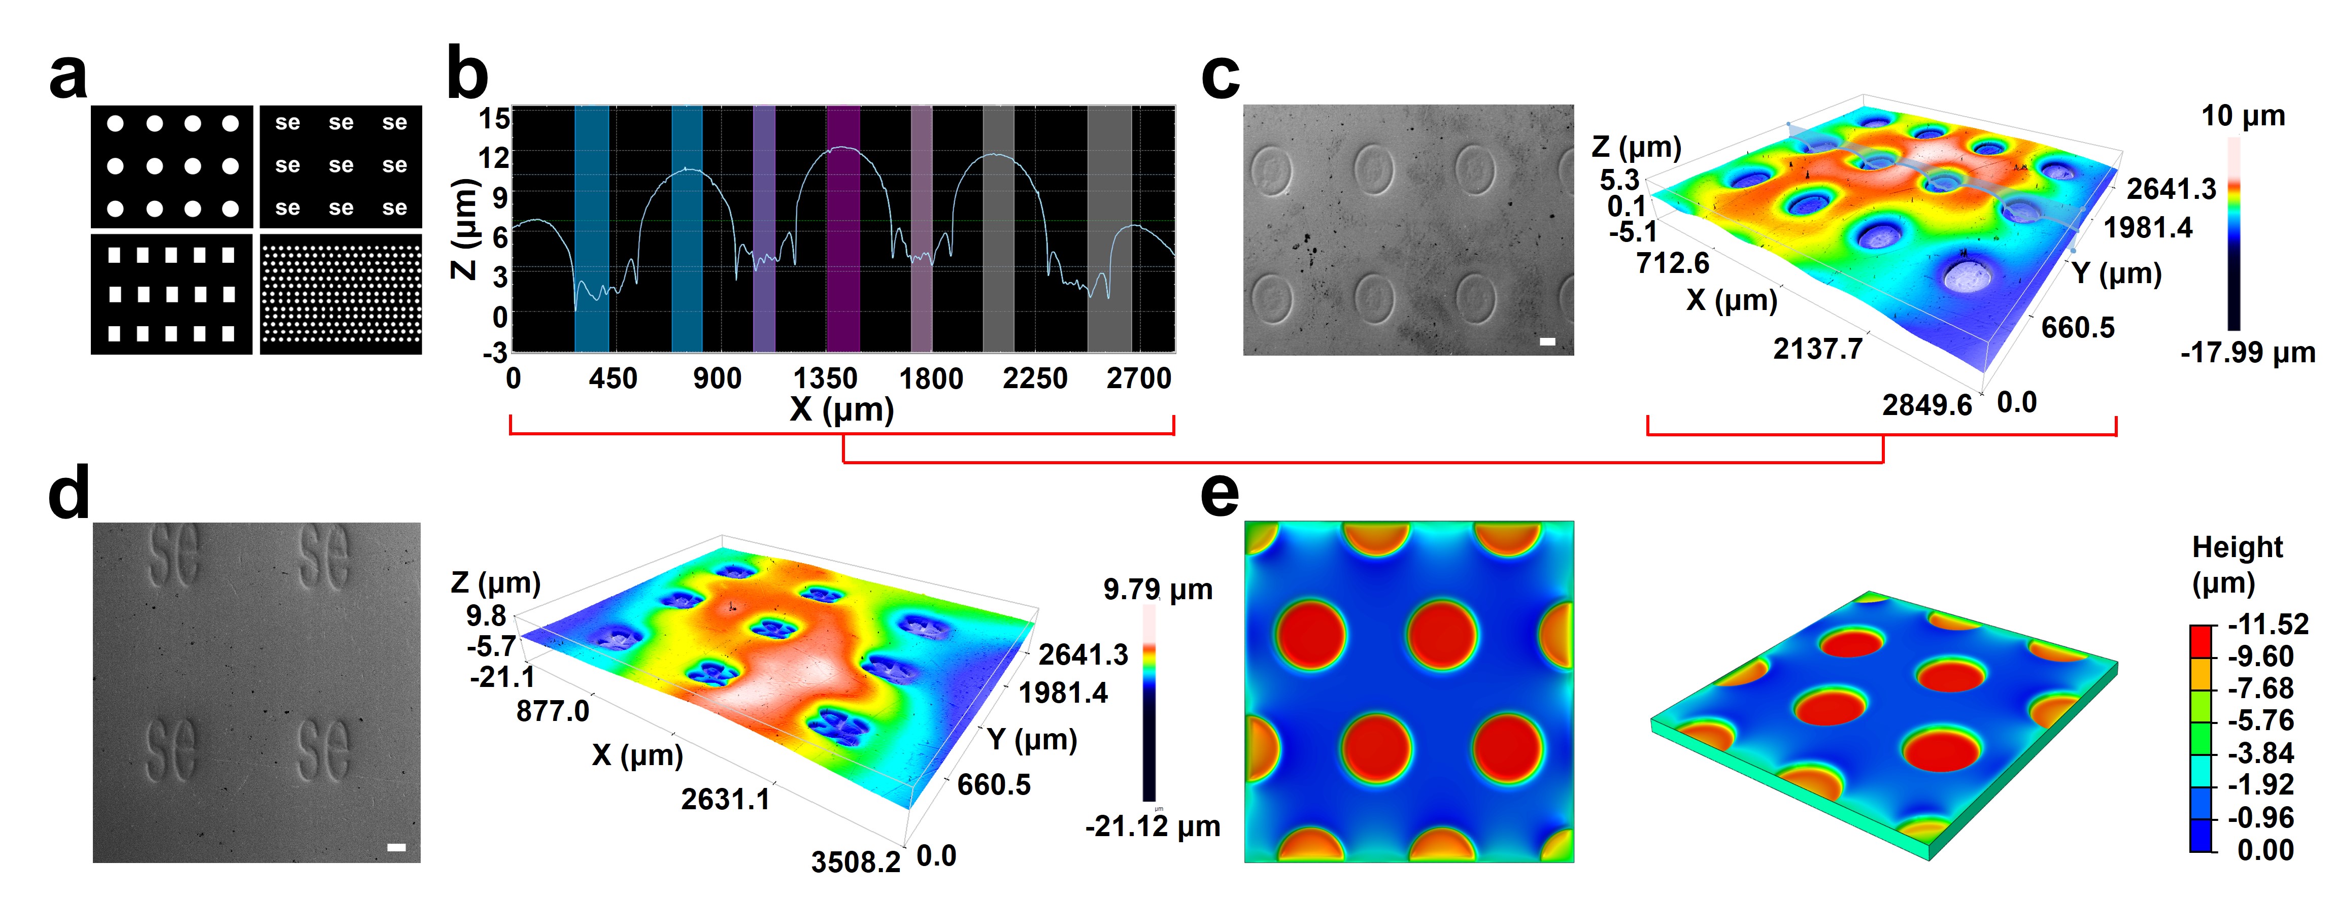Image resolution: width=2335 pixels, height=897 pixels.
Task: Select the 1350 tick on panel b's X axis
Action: tap(825, 378)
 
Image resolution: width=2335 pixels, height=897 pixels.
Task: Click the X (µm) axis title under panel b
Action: tap(842, 409)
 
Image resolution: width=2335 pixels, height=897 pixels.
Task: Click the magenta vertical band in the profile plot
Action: tap(843, 228)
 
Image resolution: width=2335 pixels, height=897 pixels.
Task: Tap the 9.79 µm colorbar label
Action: tap(1158, 590)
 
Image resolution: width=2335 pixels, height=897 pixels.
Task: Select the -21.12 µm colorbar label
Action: tap(1152, 826)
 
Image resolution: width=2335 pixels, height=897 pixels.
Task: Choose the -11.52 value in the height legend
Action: tap(2268, 624)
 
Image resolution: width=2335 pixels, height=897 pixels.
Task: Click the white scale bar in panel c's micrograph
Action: tap(1547, 341)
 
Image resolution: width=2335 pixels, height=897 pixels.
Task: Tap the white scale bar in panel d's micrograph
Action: tap(396, 847)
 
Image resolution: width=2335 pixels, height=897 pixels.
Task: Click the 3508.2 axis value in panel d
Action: tap(856, 861)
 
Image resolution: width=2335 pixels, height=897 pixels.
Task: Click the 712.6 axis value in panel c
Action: tap(1672, 264)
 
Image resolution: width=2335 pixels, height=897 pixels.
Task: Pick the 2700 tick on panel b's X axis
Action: tap(1138, 378)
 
